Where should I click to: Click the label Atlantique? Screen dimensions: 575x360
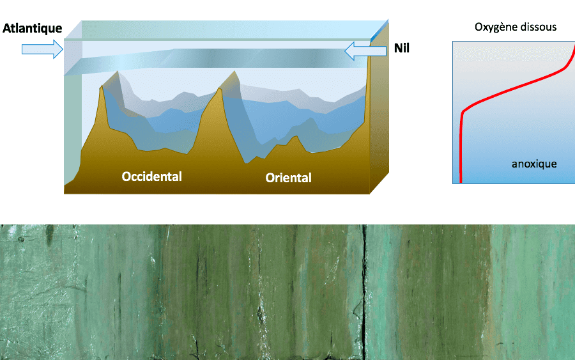click(x=33, y=28)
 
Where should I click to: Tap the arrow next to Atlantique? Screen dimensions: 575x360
click(x=43, y=49)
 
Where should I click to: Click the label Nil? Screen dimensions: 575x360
click(x=402, y=48)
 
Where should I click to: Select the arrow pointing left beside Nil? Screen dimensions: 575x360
click(x=365, y=51)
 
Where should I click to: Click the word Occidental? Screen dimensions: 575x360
click(x=152, y=176)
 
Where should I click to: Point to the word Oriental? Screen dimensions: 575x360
click(x=289, y=178)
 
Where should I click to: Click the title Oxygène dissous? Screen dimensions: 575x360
click(x=516, y=27)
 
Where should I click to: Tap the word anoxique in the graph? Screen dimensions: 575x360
click(x=534, y=164)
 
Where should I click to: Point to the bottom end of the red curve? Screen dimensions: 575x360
click(x=461, y=182)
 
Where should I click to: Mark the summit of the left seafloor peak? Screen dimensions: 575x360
click(x=102, y=86)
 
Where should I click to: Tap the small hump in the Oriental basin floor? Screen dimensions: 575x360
click(x=295, y=137)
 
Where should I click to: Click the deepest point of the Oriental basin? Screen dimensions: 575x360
click(x=247, y=162)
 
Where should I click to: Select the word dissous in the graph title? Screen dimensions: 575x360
click(x=540, y=27)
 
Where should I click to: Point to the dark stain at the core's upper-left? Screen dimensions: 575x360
click(x=49, y=234)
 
